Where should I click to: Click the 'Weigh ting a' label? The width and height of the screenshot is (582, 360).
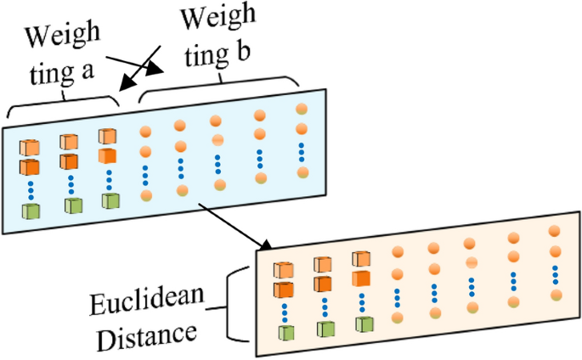tap(61, 53)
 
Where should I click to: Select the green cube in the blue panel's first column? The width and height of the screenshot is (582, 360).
tap(31, 211)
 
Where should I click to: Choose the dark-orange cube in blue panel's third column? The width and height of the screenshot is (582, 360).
tap(107, 157)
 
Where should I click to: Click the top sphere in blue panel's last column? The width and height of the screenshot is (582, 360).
tap(302, 110)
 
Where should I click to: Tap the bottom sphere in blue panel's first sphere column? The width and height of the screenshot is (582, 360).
tap(146, 195)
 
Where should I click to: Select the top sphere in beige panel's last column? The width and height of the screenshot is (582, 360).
tap(555, 231)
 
